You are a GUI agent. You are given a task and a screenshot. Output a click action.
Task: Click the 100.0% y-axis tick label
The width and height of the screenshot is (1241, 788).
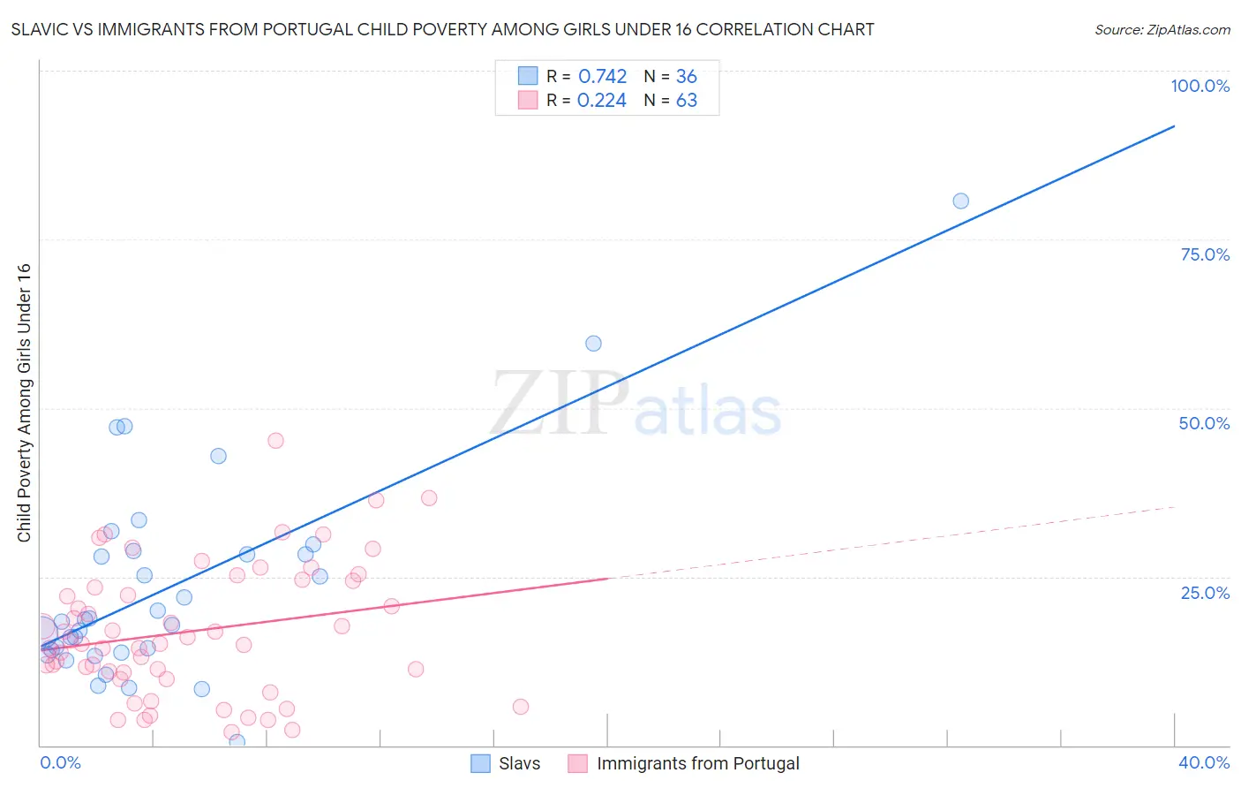pos(1200,86)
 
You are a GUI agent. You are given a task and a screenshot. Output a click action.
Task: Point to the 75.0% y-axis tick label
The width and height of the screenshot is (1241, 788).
pos(1205,254)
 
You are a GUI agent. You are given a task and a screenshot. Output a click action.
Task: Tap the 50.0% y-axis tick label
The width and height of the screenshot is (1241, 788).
pos(1204,423)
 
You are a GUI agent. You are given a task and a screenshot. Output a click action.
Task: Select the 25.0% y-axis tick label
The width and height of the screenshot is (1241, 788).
pos(1205,592)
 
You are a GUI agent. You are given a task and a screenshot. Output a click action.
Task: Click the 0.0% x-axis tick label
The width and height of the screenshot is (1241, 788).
pos(60,762)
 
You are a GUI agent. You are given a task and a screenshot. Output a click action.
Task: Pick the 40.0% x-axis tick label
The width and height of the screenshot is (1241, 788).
pos(1204,762)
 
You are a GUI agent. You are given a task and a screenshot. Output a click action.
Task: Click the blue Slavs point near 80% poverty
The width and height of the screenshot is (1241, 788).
pos(960,201)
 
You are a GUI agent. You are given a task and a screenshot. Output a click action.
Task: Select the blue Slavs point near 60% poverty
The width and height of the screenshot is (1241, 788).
pos(593,343)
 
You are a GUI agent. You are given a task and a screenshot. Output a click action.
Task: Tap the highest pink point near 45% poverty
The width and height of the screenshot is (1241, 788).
pos(275,440)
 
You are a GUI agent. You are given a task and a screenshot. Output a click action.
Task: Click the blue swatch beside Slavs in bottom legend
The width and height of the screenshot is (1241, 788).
pos(480,763)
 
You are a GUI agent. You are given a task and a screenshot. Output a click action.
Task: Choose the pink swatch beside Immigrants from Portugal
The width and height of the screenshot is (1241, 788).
pos(577,763)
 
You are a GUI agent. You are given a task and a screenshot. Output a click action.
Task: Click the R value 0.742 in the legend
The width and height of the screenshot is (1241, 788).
pos(602,77)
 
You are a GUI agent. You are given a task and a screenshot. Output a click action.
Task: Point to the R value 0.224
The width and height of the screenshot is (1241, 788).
pos(602,101)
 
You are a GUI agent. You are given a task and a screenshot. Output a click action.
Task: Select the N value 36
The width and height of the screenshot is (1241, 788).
pos(686,77)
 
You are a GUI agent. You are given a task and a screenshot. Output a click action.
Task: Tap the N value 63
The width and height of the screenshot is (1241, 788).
pos(686,101)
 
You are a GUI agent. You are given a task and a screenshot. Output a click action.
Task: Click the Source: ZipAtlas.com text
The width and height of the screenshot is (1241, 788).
pos(1162,30)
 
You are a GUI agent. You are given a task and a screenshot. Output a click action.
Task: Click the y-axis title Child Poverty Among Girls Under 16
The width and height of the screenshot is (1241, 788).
pos(24,403)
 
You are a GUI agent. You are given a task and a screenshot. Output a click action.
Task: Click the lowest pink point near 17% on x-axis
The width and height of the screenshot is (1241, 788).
pos(521,706)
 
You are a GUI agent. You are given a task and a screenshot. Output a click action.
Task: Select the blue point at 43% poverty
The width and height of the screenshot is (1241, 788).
pos(218,456)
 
